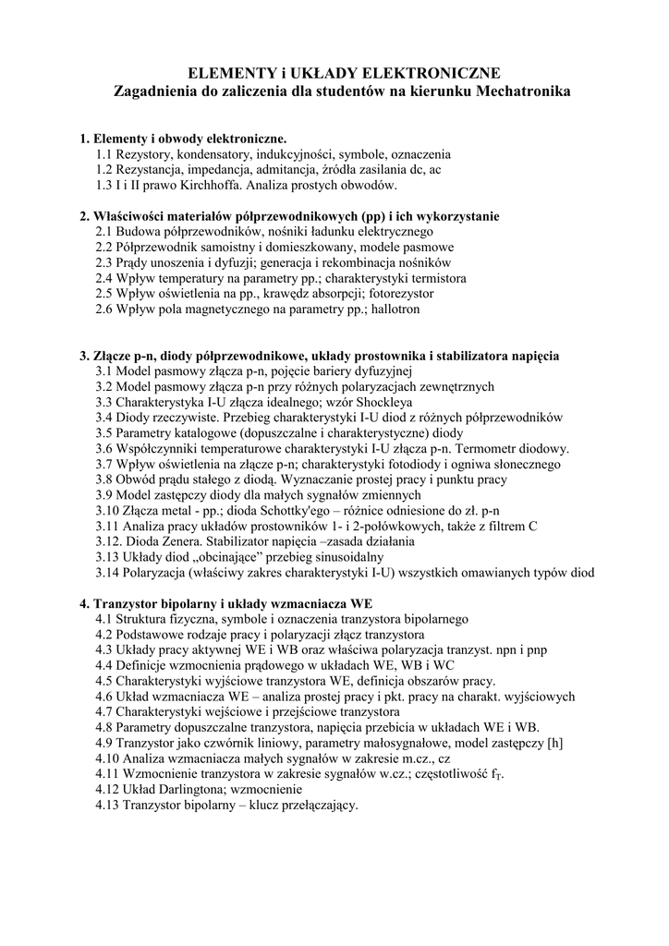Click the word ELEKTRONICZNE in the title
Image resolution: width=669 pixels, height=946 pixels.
[434, 73]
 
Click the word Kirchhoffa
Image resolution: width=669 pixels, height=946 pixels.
[235, 185]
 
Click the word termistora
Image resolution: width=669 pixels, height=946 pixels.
[432, 277]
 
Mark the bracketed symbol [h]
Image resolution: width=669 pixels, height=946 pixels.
[554, 743]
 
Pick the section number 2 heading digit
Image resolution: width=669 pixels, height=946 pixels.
[84, 216]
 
